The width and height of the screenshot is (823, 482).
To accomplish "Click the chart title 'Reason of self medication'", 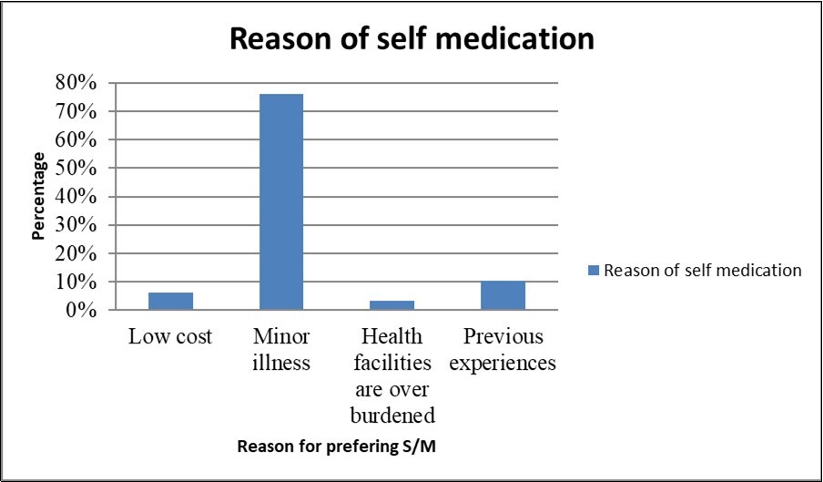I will pos(411,40).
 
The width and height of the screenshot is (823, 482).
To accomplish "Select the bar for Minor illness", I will pos(281,201).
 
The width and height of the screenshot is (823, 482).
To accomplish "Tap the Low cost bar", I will pos(170,301).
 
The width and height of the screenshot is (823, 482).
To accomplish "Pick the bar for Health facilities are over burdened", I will pos(392,305).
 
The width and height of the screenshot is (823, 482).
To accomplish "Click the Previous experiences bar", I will pos(503,295).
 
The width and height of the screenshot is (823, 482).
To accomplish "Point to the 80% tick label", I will pos(76,83).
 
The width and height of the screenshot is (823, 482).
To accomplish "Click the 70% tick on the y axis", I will pos(76,111).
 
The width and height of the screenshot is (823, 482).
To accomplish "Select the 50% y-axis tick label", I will pos(76,169).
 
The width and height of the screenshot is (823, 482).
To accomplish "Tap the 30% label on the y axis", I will pos(76,225).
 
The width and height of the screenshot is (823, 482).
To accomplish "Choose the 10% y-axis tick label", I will pos(76,282).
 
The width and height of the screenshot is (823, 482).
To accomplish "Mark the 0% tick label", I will pos(81,310).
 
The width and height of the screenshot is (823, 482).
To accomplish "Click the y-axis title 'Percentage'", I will pos(38,196).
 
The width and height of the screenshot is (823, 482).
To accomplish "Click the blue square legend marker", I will pos(594,270).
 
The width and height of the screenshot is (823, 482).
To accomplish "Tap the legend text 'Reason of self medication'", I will pos(702,270).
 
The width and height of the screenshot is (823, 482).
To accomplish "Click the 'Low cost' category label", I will pos(170,337).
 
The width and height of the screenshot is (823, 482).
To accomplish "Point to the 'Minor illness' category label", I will pos(281,350).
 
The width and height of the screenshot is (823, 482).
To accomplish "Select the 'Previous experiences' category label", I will pos(503,350).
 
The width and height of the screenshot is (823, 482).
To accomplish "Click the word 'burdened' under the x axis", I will pos(393,415).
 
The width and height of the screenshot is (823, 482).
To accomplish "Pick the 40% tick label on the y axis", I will pos(76,197).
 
